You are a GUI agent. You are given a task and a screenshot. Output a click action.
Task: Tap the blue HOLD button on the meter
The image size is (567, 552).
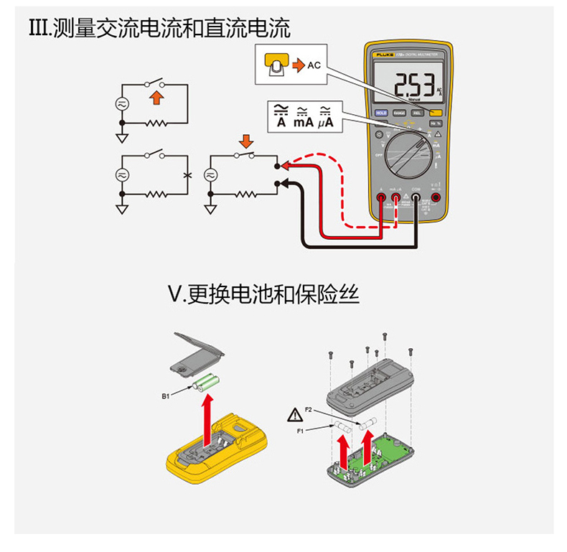381,113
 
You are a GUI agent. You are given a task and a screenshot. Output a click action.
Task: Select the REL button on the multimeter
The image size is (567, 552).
417,113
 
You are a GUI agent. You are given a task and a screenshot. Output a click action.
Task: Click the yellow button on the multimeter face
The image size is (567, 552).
435,113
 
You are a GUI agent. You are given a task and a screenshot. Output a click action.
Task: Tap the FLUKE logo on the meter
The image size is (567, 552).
385,53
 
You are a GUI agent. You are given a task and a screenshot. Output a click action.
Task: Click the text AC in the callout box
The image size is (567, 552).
314,65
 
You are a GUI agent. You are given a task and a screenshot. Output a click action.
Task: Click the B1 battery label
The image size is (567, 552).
166,396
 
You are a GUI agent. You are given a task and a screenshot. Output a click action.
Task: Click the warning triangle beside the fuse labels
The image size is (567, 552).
296,415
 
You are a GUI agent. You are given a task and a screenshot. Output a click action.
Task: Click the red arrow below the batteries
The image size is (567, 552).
206,421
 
